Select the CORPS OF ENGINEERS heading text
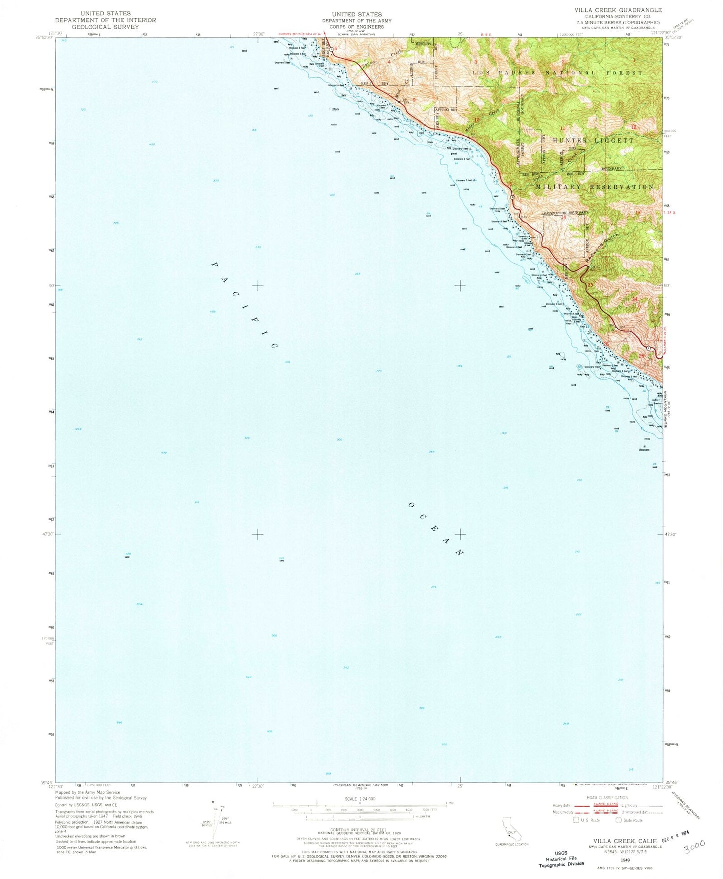pyautogui.click(x=356, y=27)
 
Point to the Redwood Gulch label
pyautogui.click(x=602, y=249)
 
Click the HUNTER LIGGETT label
pyautogui.click(x=593, y=141)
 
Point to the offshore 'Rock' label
pyautogui.click(x=336, y=109)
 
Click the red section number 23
pyautogui.click(x=590, y=285)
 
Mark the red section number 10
pyautogui.click(x=476, y=120)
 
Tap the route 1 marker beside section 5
pyautogui.click(x=331, y=49)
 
